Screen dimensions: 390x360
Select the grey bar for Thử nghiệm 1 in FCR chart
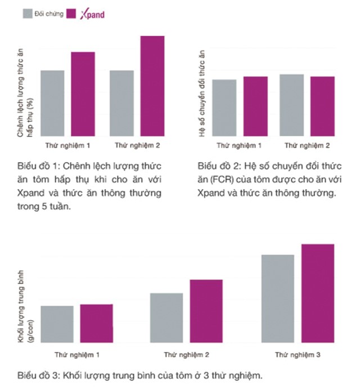point(224,107)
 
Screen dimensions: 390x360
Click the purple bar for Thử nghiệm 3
point(318,293)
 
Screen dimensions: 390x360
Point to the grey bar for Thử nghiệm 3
point(278,298)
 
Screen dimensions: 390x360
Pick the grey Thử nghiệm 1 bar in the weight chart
point(57,324)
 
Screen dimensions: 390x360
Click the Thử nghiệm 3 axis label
point(298,356)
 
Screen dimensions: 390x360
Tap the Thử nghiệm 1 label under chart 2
point(238,145)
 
